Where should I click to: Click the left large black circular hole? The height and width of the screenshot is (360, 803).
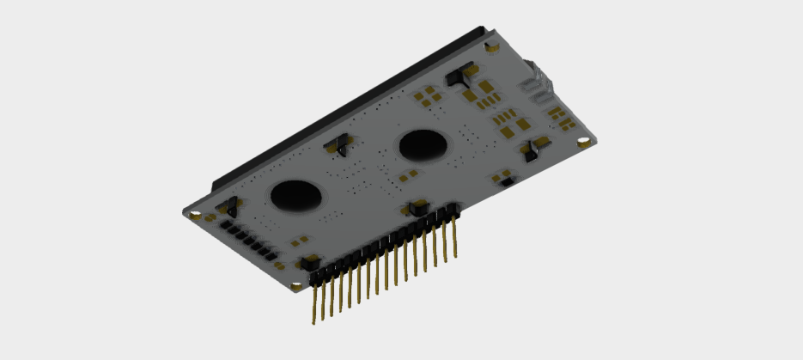(296, 195)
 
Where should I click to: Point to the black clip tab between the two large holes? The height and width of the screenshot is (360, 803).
(338, 145)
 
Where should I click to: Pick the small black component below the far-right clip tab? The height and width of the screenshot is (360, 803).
(505, 180)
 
